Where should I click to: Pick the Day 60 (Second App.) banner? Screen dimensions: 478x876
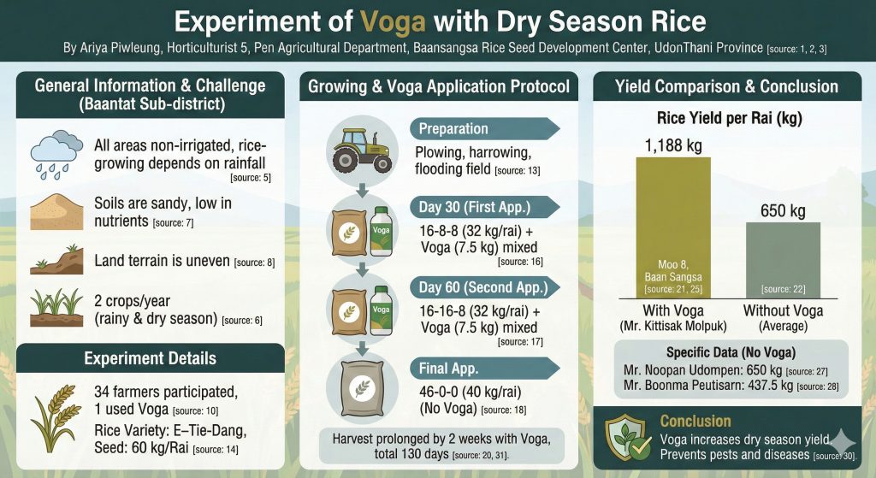(x=484, y=286)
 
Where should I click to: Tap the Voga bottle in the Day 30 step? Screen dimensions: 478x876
(x=384, y=232)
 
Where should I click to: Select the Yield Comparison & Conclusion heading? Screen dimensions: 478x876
(x=726, y=86)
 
